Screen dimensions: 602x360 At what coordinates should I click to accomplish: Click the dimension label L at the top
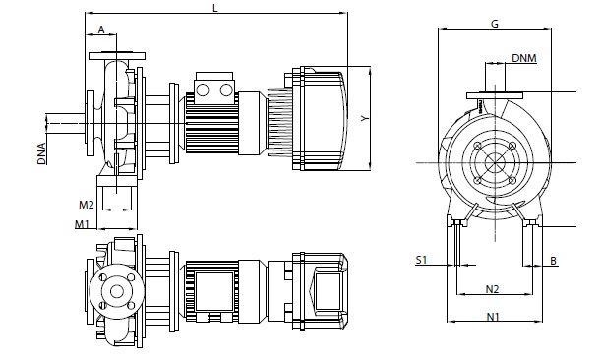(215, 8)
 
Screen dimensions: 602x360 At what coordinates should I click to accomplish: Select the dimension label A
(101, 30)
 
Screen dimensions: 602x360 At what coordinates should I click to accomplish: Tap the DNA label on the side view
(41, 153)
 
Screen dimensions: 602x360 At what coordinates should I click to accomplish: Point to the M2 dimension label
(87, 205)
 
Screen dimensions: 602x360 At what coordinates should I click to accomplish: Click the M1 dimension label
(82, 224)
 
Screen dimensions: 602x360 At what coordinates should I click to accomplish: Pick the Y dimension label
(365, 118)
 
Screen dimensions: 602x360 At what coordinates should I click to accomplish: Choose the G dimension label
(495, 24)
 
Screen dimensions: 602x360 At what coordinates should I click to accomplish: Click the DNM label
(524, 58)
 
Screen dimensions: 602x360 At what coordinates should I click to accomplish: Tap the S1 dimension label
(421, 260)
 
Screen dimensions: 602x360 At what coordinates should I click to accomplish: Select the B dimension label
(553, 261)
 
